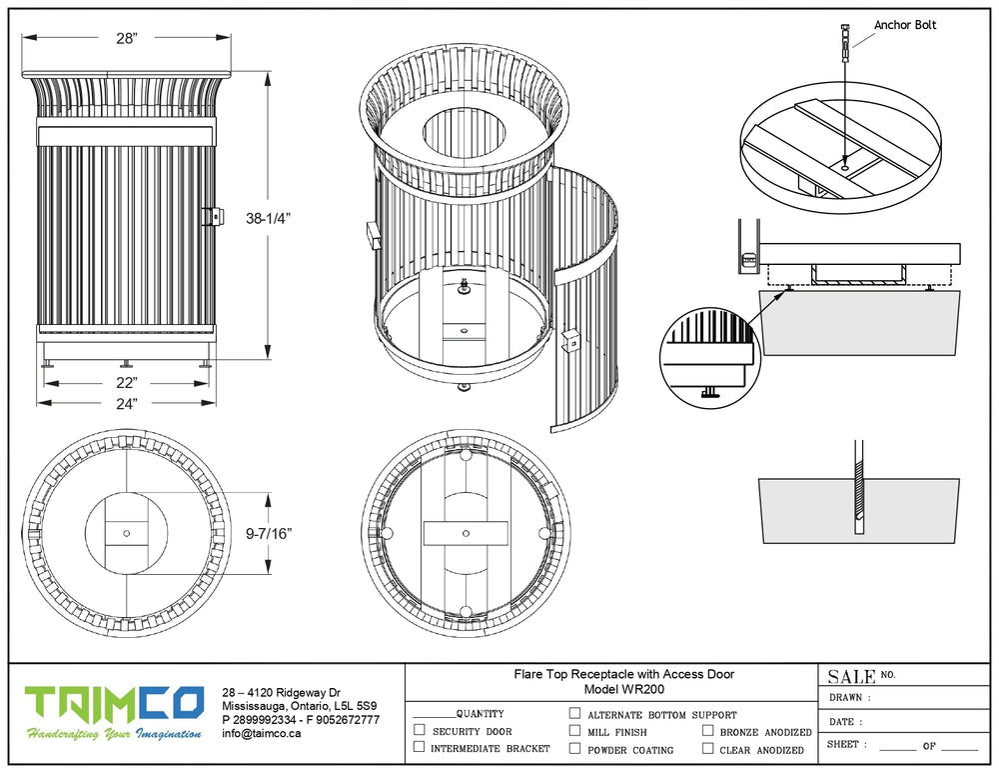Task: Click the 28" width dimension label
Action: pos(126,38)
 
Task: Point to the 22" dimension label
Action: pos(125,383)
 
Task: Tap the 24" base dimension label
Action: pos(125,402)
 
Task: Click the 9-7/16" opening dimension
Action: pos(269,534)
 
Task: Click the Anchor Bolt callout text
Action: pos(905,25)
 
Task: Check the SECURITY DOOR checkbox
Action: pos(419,731)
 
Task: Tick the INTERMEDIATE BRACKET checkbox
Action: pos(419,747)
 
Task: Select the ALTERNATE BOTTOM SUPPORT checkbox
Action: pos(574,714)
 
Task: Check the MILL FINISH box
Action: pos(574,731)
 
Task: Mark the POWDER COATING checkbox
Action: pos(574,748)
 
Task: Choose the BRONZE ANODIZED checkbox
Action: pos(707,731)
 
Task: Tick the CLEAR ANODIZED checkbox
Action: pos(707,748)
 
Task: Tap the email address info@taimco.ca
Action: pos(262,733)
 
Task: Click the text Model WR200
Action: pos(623,689)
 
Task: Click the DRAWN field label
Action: pos(849,698)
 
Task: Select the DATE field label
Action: pos(845,721)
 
